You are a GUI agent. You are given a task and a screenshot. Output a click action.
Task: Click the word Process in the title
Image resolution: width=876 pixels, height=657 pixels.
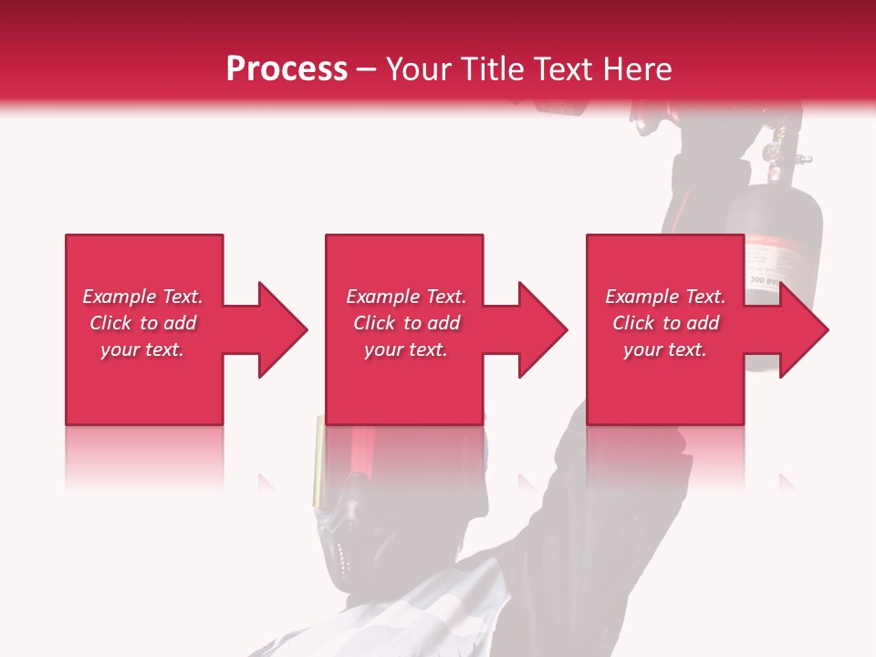tap(287, 69)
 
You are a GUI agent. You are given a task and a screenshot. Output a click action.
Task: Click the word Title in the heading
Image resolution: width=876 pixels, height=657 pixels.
tap(492, 69)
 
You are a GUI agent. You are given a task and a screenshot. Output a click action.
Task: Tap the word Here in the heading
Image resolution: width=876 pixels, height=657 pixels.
tap(634, 69)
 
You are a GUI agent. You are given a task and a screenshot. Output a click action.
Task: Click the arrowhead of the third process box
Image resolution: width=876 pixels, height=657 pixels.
tap(803, 329)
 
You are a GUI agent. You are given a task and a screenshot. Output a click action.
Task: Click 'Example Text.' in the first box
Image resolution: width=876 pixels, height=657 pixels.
tap(142, 297)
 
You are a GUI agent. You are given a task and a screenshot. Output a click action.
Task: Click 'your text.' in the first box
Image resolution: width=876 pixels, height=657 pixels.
tap(142, 349)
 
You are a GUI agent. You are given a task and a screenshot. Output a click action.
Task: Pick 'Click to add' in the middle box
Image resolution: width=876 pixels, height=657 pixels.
tap(406, 323)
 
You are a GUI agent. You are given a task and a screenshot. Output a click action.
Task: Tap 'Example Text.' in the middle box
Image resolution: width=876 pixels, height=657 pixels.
tap(406, 297)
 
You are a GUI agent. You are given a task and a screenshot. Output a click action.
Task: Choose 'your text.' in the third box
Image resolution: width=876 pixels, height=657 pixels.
tap(665, 349)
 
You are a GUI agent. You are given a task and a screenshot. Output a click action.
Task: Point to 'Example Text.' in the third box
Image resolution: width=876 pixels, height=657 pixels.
tap(665, 297)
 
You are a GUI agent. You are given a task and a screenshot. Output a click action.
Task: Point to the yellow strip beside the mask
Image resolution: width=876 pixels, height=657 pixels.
tap(318, 461)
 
